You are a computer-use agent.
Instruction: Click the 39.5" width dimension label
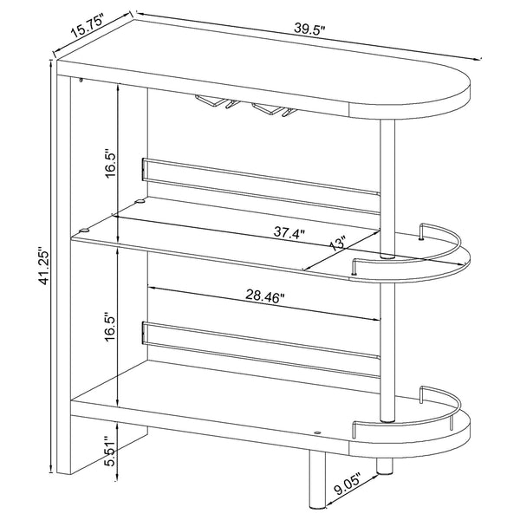(308, 29)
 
